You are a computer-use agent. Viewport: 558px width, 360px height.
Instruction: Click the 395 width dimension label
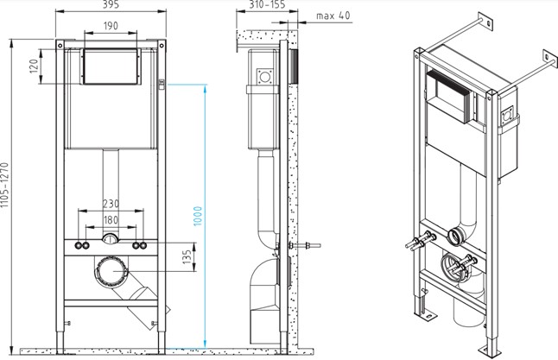coord(111,4)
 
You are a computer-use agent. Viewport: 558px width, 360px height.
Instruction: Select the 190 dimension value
coord(111,26)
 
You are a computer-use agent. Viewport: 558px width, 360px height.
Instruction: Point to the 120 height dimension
coord(34,66)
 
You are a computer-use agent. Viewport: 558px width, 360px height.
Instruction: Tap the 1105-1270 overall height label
coord(4,185)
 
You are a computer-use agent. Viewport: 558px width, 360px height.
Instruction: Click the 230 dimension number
coord(111,204)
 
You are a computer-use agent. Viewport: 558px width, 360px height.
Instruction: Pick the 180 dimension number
coord(111,220)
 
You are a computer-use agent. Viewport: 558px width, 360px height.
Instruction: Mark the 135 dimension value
coord(187,257)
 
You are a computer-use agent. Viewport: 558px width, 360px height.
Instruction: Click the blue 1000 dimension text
coord(198,216)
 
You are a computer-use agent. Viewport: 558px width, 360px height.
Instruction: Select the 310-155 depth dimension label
coord(267,4)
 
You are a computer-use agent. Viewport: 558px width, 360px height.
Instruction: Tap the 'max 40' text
coord(333,16)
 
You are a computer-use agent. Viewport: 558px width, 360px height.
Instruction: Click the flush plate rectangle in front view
coord(111,66)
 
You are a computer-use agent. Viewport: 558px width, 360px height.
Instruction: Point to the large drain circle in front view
coord(111,271)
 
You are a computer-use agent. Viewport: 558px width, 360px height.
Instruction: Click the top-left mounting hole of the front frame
coord(60,45)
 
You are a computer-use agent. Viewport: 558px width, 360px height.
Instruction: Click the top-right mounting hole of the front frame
coord(162,45)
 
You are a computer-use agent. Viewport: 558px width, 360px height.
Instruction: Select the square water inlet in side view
coord(265,76)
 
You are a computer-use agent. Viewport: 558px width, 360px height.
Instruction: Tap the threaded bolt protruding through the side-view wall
coord(305,245)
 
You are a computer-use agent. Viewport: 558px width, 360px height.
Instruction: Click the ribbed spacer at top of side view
coord(293,66)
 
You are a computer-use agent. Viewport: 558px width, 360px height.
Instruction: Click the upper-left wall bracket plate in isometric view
coord(485,22)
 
